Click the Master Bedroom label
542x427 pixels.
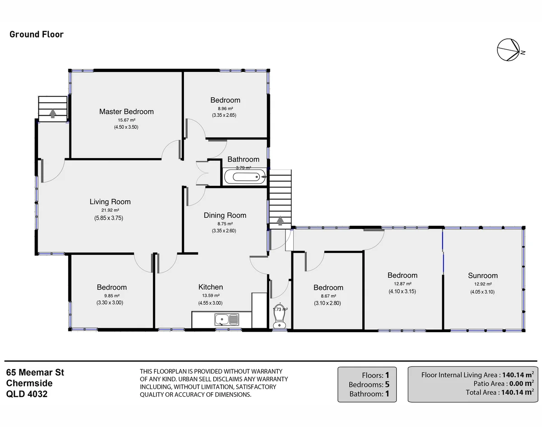click(x=126, y=112)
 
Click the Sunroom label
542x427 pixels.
click(x=482, y=276)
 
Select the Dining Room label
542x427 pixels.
click(x=225, y=215)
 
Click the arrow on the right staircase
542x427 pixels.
click(x=280, y=221)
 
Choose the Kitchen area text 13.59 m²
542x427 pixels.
click(x=210, y=296)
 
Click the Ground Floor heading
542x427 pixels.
click(x=37, y=34)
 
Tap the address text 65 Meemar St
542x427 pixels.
click(x=35, y=373)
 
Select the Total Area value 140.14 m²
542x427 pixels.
click(x=517, y=392)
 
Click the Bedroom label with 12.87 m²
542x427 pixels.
click(x=402, y=275)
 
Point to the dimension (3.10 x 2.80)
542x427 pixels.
click(x=328, y=303)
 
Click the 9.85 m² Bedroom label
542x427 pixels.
click(x=112, y=287)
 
